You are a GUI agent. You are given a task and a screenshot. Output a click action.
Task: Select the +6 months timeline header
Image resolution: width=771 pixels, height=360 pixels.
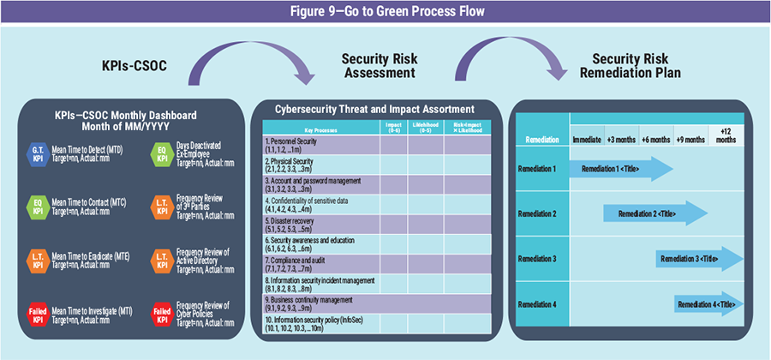(655, 138)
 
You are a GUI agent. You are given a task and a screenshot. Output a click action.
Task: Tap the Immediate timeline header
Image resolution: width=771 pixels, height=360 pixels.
(586, 138)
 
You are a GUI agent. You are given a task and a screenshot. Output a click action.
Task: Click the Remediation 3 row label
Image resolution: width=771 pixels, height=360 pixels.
(539, 257)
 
